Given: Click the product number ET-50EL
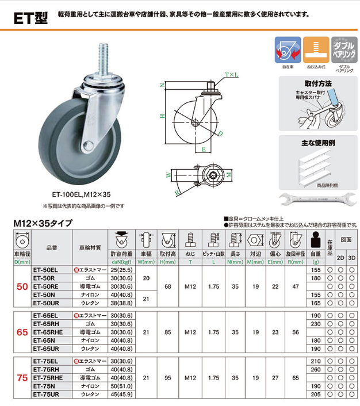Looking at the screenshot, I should (47, 269).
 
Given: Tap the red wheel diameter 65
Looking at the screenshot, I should (21, 332).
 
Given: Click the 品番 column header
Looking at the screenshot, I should (51, 247).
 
